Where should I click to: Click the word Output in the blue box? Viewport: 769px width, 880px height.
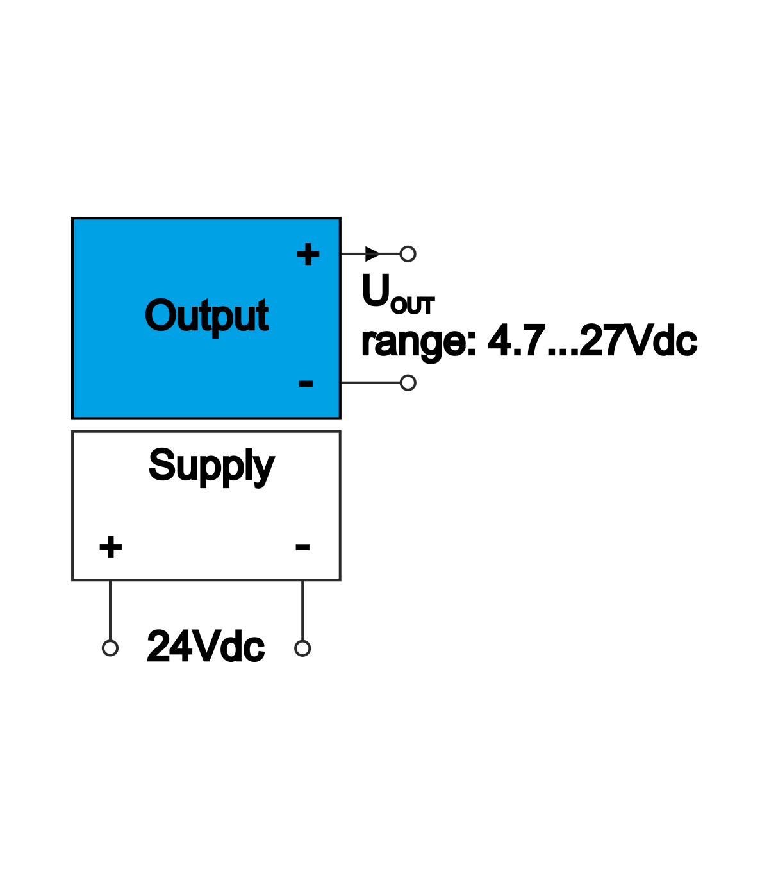pos(206,316)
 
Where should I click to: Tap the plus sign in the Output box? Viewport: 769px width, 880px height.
pos(308,255)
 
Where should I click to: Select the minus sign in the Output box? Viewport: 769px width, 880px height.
pos(306,384)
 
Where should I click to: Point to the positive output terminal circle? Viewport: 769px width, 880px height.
pos(408,254)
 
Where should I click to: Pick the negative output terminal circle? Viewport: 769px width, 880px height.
pos(408,383)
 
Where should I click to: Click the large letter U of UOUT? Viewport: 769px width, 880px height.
pos(376,291)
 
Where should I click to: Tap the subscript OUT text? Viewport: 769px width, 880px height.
pos(413,306)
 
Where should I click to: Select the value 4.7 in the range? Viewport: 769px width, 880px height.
pos(516,341)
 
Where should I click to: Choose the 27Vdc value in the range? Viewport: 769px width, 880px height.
pos(638,341)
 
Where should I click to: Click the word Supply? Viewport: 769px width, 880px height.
pos(211,466)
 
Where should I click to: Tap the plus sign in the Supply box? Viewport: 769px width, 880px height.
pos(110,547)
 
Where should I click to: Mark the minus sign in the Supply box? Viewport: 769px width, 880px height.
pos(302,547)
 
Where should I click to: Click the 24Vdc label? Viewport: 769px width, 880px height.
pos(206,647)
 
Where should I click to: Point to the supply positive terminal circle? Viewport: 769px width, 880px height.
pos(110,648)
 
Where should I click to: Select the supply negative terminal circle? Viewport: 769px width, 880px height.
pos(302,648)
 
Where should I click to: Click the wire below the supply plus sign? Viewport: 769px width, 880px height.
pos(110,609)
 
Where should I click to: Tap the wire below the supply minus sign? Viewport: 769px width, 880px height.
pos(302,609)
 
